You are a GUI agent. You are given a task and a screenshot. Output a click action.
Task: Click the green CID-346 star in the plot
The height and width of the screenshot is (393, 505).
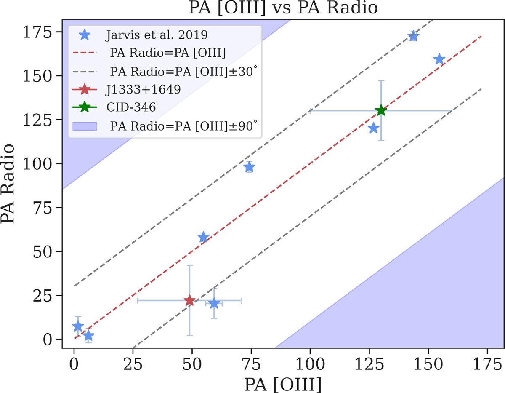(381, 111)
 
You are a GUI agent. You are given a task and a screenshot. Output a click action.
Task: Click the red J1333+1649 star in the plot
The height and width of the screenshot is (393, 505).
(189, 300)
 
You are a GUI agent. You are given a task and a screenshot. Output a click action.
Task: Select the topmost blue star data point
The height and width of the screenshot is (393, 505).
(413, 36)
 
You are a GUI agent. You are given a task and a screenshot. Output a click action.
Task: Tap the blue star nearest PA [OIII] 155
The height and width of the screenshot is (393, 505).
(439, 59)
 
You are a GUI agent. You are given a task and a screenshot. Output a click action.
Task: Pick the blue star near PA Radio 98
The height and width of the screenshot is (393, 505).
(249, 167)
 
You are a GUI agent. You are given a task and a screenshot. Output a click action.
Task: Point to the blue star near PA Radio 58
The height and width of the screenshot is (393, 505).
(203, 237)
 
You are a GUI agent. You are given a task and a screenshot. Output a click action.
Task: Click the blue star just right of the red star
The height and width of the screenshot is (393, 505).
(214, 303)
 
